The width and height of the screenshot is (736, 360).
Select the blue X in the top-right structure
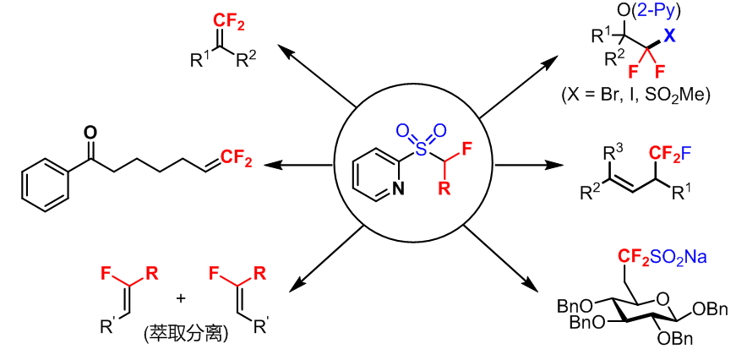coord(669,35)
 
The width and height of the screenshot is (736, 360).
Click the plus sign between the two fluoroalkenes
coord(180,298)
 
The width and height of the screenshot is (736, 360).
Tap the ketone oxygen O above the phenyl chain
coord(90,132)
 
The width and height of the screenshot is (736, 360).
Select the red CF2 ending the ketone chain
coord(237,156)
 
